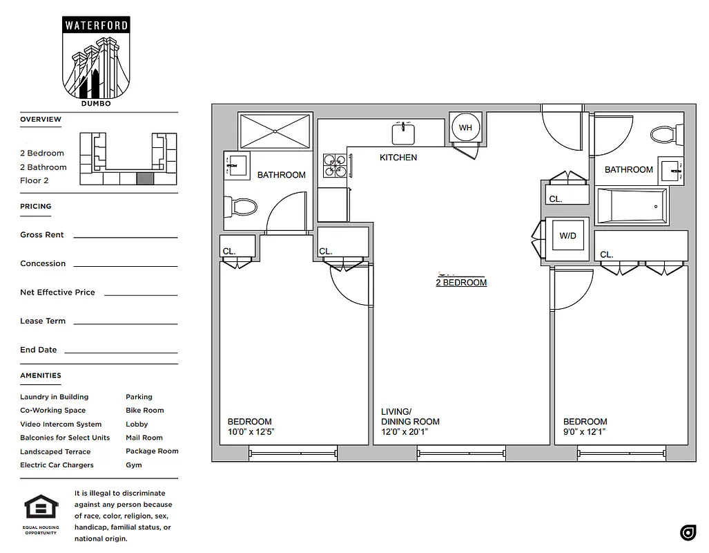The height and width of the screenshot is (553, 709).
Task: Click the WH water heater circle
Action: click(465, 128)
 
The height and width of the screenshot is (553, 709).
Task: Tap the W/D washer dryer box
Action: click(567, 236)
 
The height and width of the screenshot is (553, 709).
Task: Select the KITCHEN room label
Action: click(398, 158)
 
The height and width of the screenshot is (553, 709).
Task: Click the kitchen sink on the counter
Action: click(402, 132)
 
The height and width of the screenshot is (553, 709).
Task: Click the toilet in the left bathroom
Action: click(242, 206)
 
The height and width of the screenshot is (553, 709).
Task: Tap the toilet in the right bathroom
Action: click(666, 133)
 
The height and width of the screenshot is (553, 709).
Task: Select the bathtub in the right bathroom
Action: click(632, 207)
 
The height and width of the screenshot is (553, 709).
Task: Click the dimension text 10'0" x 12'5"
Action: click(251, 433)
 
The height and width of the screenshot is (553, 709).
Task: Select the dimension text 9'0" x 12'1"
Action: click(584, 433)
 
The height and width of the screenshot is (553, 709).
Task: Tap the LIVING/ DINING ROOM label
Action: click(410, 416)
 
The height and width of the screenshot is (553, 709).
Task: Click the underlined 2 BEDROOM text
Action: click(461, 283)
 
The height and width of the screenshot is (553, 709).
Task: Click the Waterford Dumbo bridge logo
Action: click(96, 62)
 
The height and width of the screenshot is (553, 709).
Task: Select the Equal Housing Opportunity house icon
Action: click(41, 508)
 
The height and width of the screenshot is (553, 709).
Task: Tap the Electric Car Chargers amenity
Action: click(57, 465)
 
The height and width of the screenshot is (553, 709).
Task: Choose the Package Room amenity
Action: click(152, 451)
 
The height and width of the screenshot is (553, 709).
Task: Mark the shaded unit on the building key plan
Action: click(144, 178)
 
